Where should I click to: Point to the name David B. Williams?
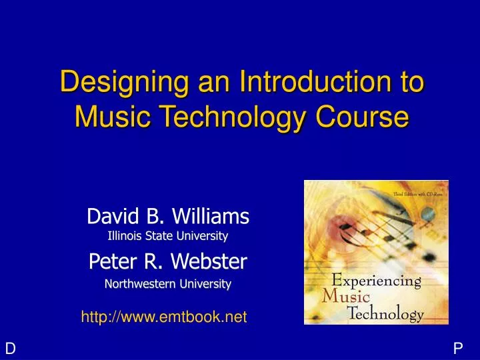[x=168, y=216]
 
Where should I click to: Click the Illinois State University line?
[x=168, y=235]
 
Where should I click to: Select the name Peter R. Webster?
[x=168, y=262]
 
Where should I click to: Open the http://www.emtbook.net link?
[x=164, y=318]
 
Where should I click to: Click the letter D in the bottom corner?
[x=10, y=348]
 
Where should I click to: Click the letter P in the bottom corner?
[x=458, y=348]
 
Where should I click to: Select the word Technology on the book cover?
[x=385, y=315]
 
